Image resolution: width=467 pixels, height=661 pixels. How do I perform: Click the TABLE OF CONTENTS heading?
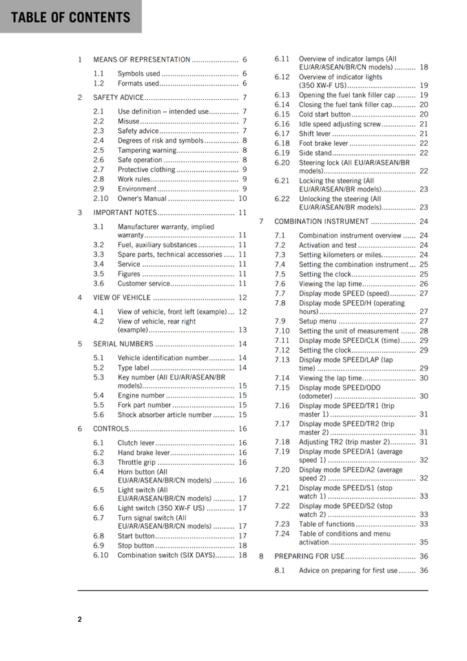tap(70, 17)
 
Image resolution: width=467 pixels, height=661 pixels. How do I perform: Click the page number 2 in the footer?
tap(79, 619)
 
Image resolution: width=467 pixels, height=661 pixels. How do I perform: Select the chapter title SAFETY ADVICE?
tap(118, 98)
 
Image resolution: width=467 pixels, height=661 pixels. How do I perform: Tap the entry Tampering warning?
tap(147, 150)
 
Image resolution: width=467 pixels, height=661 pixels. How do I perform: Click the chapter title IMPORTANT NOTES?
tap(125, 213)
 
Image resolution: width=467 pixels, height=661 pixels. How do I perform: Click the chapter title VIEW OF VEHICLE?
tap(122, 297)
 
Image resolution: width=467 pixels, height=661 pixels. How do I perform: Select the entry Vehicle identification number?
tap(163, 358)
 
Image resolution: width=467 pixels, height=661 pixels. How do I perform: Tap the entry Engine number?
tap(141, 396)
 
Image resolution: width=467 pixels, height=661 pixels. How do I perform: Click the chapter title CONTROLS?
tap(111, 429)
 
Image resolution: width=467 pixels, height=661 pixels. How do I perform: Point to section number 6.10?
tap(101, 555)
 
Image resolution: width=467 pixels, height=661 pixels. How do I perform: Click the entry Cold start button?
tap(325, 114)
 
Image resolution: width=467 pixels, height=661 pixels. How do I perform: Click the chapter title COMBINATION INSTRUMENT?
tap(322, 222)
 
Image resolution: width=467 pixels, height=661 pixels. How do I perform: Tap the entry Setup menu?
tap(318, 321)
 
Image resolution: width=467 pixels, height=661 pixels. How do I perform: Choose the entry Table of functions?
tap(327, 524)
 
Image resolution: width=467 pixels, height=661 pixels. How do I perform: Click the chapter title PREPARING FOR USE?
tap(309, 556)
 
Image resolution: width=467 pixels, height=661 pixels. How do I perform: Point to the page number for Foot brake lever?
tap(424, 143)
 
